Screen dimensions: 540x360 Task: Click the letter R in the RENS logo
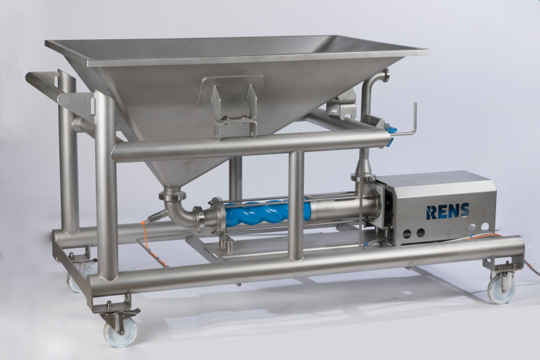(431, 212)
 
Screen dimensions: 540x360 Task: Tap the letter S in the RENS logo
(464, 210)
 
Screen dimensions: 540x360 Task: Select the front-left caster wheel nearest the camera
(120, 332)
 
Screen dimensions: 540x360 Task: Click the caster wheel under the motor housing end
(501, 288)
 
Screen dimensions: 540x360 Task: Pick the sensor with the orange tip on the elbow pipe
(155, 217)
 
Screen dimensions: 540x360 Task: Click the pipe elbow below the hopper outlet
(181, 212)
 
